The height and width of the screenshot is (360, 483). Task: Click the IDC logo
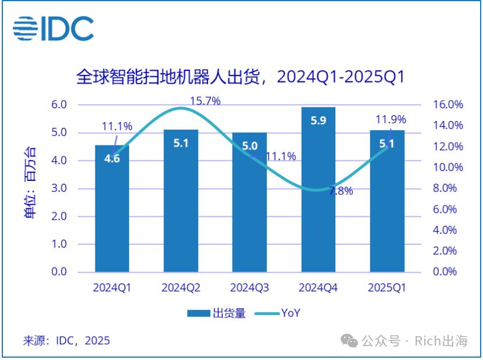click(53, 28)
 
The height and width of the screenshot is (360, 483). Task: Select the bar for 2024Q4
click(318, 190)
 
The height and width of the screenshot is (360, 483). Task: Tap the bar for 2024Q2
click(181, 201)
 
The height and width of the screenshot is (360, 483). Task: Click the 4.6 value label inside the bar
click(112, 158)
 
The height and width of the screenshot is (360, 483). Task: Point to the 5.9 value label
click(318, 120)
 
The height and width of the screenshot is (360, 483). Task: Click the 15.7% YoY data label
click(205, 101)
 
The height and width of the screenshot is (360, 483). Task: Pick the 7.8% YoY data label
click(341, 191)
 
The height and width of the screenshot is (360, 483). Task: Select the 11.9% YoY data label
click(391, 119)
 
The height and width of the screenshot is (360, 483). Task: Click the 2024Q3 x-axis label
click(249, 287)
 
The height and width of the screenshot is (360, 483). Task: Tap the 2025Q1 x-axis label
click(387, 287)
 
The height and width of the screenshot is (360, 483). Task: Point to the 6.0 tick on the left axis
click(59, 105)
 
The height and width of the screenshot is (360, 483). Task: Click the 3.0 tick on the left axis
click(59, 188)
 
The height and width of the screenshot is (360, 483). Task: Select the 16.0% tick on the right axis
click(448, 105)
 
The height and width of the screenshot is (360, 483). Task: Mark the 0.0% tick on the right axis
click(445, 272)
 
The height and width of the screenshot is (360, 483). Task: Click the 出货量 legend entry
click(216, 313)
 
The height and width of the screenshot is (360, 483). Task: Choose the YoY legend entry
click(277, 313)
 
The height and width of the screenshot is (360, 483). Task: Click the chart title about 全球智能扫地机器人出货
click(240, 77)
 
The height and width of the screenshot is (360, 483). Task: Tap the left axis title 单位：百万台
click(30, 182)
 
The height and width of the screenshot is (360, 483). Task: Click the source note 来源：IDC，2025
click(66, 341)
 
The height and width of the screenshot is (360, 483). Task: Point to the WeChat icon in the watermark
click(349, 341)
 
